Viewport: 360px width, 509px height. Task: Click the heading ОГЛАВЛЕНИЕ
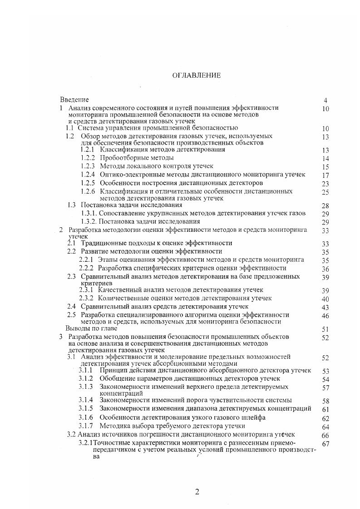pyautogui.click(x=197, y=75)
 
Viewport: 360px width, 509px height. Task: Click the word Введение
pyautogui.click(x=74, y=99)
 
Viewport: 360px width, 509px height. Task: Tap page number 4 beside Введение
pyautogui.click(x=325, y=100)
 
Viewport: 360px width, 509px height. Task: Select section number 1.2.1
pyautogui.click(x=87, y=149)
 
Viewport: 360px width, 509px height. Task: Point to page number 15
pyautogui.click(x=325, y=167)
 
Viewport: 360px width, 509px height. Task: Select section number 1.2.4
pyautogui.click(x=87, y=174)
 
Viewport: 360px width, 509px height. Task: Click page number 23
pyautogui.click(x=325, y=184)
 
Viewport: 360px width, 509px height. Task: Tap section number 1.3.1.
pyautogui.click(x=89, y=213)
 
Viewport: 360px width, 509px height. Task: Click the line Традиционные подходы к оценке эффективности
pyautogui.click(x=156, y=243)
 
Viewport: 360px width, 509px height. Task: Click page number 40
pyautogui.click(x=325, y=299)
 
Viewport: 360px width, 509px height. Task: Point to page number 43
pyautogui.click(x=325, y=308)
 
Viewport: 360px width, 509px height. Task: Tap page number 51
pyautogui.click(x=325, y=329)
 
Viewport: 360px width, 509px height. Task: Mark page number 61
pyautogui.click(x=325, y=410)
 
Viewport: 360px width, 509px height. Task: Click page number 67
pyautogui.click(x=325, y=444)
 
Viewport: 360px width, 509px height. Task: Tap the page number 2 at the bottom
pyautogui.click(x=197, y=492)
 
